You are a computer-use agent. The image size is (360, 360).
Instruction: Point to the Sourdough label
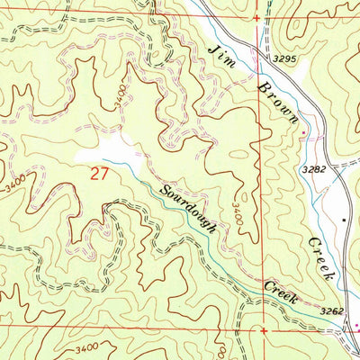pos(188,209)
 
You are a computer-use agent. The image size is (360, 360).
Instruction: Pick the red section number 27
pos(100,173)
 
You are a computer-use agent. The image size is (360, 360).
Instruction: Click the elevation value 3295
pos(285,58)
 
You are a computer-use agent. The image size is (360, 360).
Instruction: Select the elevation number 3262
pos(331,310)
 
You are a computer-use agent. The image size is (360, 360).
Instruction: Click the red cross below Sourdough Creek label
pos(264,329)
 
